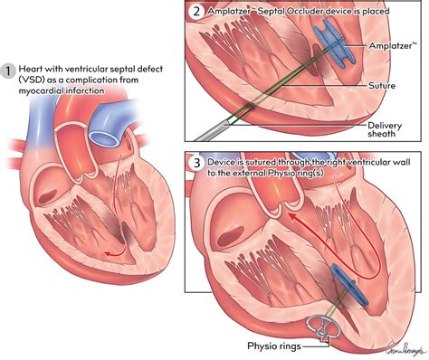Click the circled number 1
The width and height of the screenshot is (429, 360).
coord(9,70)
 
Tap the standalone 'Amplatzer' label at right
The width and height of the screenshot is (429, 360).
coord(396,43)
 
